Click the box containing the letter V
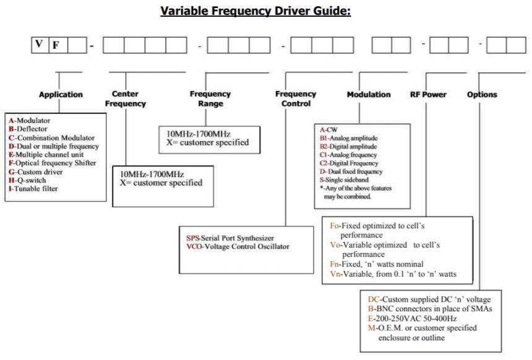tap(40, 46)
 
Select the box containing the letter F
tap(58, 46)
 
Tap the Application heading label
tap(61, 95)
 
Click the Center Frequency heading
tap(129, 99)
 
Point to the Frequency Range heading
tap(210, 99)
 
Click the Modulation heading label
tap(369, 95)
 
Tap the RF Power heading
tap(428, 95)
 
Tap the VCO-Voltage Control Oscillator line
tap(238, 246)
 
